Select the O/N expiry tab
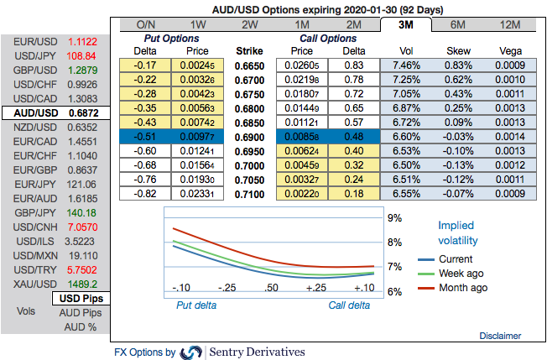tap(146, 25)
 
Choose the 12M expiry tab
tap(508, 25)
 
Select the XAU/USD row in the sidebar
tap(55, 284)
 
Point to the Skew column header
tap(457, 50)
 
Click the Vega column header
tap(509, 50)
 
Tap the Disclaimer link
tap(500, 336)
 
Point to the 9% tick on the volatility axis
tap(394, 218)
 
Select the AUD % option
tap(81, 326)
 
